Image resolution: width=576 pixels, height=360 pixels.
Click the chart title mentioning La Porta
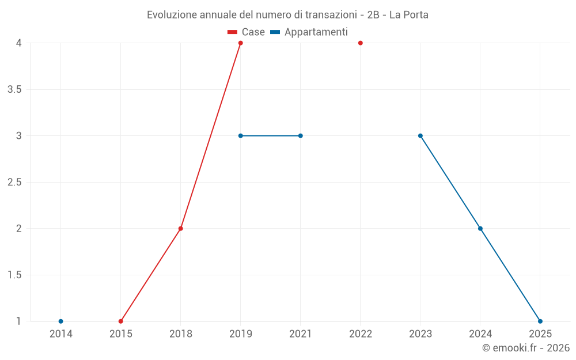coord(287,14)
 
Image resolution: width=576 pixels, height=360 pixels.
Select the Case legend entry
coord(246,32)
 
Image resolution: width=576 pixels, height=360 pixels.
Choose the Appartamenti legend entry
coord(309,32)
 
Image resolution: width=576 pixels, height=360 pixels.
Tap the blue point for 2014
coord(60,321)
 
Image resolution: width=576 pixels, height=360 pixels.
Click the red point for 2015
coord(120,321)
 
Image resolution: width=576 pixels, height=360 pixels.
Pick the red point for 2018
coord(180,229)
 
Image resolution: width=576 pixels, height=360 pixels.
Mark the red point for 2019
coord(240,43)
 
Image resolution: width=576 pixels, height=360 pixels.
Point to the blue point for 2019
coord(240,136)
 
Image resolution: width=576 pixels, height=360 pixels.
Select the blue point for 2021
coord(300,136)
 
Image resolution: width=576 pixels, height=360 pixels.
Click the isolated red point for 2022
coord(360,43)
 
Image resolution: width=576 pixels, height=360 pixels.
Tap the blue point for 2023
coord(420,136)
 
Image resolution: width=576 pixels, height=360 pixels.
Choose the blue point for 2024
coord(480,229)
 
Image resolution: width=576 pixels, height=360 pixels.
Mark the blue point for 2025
coord(540,321)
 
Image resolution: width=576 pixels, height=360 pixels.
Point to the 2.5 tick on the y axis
coord(14,183)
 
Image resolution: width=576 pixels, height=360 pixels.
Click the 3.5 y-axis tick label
coord(14,90)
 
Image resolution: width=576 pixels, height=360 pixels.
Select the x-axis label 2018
coord(180,334)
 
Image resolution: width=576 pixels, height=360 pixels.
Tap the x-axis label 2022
coord(360,334)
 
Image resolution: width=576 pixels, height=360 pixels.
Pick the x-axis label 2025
coord(540,334)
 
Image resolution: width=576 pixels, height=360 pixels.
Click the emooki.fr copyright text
coord(525,348)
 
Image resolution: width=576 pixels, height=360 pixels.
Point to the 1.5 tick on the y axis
coord(14,275)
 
